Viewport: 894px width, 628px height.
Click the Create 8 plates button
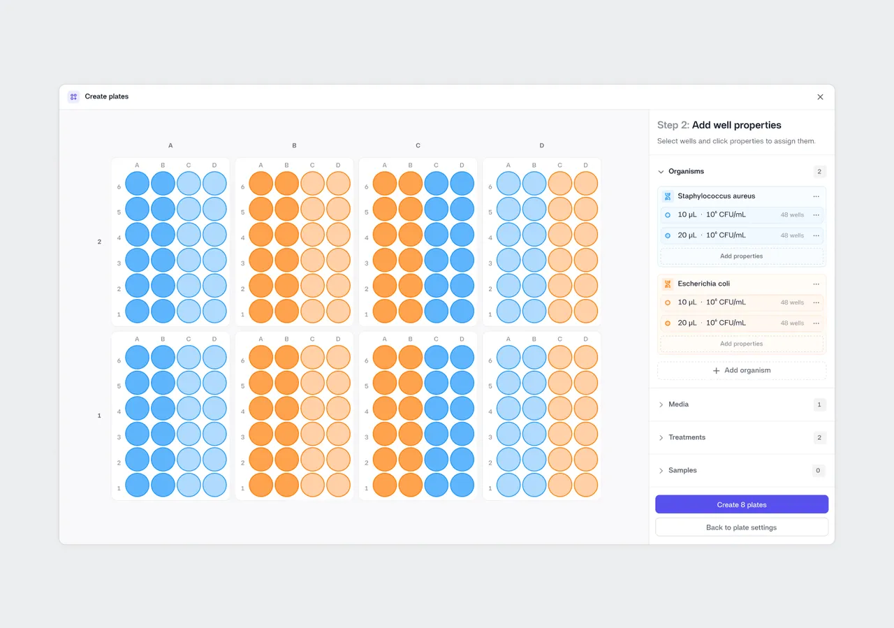pos(742,504)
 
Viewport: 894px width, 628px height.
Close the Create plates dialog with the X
pos(820,97)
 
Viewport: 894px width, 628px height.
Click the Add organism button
pos(742,370)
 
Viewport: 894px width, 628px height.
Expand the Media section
pos(661,404)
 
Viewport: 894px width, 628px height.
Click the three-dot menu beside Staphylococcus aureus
pos(816,196)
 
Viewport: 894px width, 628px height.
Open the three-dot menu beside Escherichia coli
pos(816,284)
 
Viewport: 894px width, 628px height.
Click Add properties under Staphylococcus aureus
pos(742,256)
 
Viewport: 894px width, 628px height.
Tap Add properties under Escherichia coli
pos(742,344)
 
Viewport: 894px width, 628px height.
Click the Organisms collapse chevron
pos(661,172)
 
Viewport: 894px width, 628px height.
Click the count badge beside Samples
pos(818,471)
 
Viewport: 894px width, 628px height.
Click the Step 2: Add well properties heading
pos(719,125)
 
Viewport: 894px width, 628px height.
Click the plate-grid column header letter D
pos(541,145)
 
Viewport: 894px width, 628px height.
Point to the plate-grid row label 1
pos(99,416)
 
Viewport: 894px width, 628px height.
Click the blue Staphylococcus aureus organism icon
pos(667,196)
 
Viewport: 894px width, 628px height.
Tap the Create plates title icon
pos(73,96)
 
